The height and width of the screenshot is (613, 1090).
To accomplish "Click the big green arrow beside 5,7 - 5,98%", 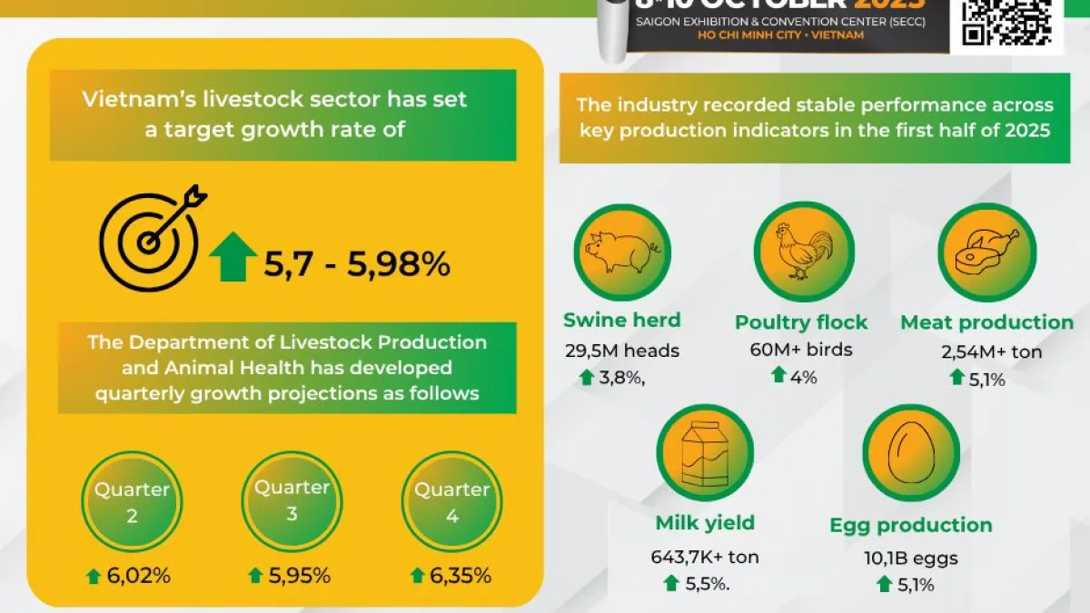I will (x=233, y=257).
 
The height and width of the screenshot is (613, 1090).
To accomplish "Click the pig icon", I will (x=622, y=252).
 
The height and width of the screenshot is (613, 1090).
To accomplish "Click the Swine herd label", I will (x=622, y=320).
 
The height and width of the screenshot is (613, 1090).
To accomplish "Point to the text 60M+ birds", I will (x=801, y=350).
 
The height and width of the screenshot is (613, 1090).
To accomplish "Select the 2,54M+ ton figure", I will (x=986, y=351).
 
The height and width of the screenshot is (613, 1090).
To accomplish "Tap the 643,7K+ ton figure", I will (x=705, y=557).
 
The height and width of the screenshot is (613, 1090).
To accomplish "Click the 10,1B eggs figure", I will (x=911, y=559).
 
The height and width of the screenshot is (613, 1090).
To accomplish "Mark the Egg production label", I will (x=911, y=525).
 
